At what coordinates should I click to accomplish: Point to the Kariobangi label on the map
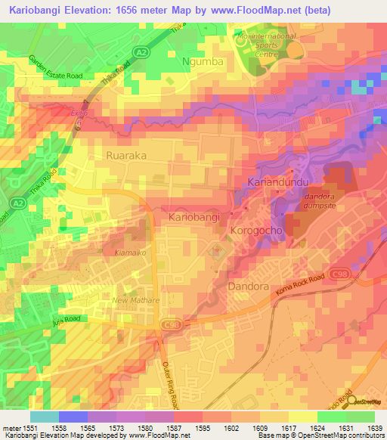(x=193, y=217)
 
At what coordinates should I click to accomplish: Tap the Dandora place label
(x=248, y=287)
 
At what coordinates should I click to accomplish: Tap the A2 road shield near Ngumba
(x=141, y=51)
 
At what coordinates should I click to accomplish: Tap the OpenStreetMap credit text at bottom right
(x=350, y=435)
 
